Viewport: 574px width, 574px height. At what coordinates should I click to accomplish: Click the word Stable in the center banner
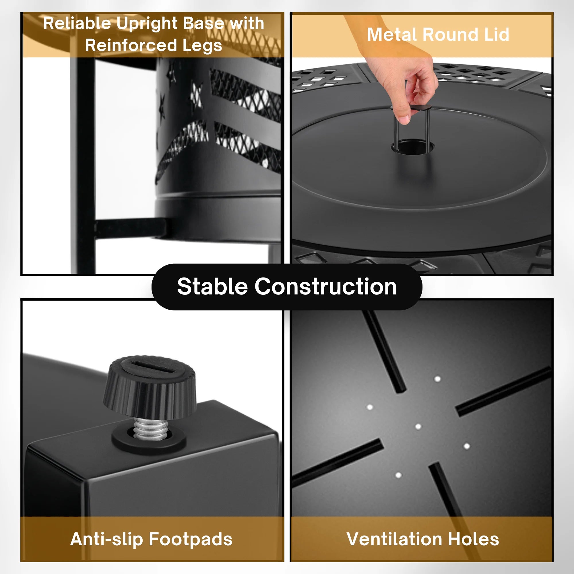212,287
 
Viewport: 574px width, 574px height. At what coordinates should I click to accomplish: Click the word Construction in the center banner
326,287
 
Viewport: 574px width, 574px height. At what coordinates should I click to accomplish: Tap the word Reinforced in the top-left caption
131,45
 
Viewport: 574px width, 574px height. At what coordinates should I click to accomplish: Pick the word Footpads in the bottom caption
191,539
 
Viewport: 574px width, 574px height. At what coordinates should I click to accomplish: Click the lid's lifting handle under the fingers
412,128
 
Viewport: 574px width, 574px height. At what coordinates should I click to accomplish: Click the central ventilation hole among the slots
418,427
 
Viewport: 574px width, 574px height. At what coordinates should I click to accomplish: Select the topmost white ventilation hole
437,379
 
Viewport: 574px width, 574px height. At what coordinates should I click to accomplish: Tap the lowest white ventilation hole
398,475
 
